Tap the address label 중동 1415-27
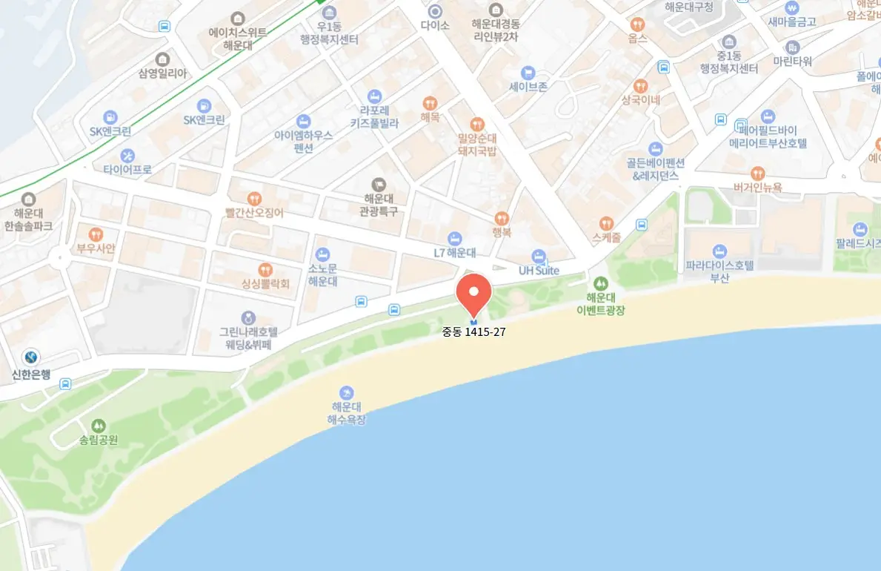(474, 331)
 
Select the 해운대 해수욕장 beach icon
(346, 392)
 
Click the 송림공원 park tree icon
(99, 426)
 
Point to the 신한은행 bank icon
(30, 357)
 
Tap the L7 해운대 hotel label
(454, 253)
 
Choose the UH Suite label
(539, 271)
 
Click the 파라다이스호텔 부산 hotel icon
(719, 251)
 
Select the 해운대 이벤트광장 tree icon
(599, 283)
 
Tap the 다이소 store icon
(435, 11)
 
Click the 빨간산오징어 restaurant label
(255, 212)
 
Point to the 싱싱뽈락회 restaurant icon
(265, 269)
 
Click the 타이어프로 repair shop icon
(127, 156)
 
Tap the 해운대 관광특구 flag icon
(379, 184)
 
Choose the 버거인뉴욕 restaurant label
(757, 188)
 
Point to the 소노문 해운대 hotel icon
(322, 254)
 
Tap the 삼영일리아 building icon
(162, 60)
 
